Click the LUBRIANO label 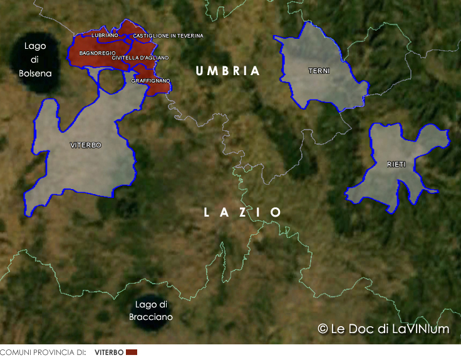(104, 36)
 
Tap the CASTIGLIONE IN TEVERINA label (168, 36)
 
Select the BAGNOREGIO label (97, 53)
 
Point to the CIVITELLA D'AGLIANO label (140, 58)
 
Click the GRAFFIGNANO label (150, 81)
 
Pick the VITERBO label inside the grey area (86, 145)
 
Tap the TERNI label (319, 71)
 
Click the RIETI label (396, 164)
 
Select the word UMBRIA (227, 71)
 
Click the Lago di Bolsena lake (35, 60)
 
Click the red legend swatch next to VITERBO (132, 352)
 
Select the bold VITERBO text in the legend (109, 352)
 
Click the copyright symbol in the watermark (323, 329)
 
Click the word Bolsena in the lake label (35, 73)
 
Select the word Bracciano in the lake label (151, 317)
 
